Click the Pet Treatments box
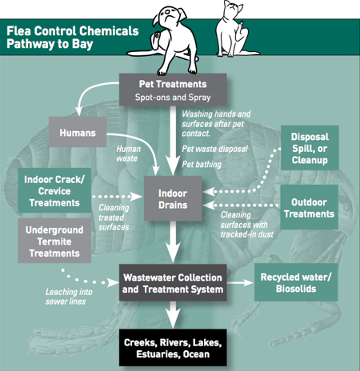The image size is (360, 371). [173, 90]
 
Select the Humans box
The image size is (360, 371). [78, 132]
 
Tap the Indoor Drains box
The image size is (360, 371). [173, 198]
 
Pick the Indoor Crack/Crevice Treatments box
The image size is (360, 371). [54, 190]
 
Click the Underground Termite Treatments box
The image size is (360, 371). [54, 241]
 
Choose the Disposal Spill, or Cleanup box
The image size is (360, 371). [310, 148]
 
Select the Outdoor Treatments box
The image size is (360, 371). [310, 207]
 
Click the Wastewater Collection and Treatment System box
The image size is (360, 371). [173, 283]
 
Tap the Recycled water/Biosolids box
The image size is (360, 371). [296, 282]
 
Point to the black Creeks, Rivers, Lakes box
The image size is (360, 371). [173, 348]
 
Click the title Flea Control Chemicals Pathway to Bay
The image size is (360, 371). [73, 38]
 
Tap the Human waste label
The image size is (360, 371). [128, 154]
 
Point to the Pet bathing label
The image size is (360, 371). [202, 164]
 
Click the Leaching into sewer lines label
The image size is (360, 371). [69, 297]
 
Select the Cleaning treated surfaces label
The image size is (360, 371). [114, 217]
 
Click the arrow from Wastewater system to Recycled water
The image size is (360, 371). [240, 282]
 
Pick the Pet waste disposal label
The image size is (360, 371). [214, 149]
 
